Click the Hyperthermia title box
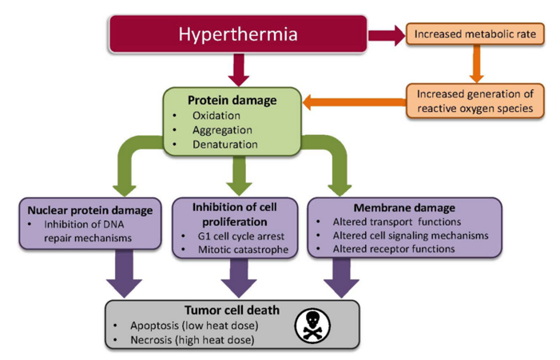[x=238, y=34]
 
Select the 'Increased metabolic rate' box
[x=475, y=34]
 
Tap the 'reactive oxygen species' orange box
[x=475, y=101]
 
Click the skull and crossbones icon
[x=312, y=326]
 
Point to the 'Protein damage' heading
[x=232, y=101]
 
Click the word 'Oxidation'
[x=216, y=116]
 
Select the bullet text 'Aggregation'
[x=222, y=130]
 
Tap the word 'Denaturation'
[x=225, y=144]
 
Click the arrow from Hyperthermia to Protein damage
[x=239, y=70]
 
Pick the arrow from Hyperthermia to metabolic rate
[x=387, y=35]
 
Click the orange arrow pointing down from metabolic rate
[x=476, y=64]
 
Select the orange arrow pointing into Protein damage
[x=354, y=102]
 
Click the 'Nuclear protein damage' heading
[x=90, y=211]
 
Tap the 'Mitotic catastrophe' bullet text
[x=243, y=250]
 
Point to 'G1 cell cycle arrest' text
[x=241, y=236]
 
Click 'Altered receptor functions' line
[x=394, y=249]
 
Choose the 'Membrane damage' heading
[x=404, y=208]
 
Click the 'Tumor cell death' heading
[x=232, y=310]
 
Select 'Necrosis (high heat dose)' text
[x=193, y=340]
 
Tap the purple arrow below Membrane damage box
[x=341, y=278]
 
